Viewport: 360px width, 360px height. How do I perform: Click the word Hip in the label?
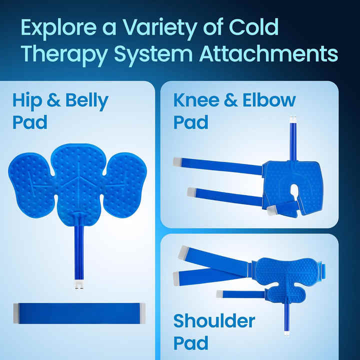[x=26, y=101]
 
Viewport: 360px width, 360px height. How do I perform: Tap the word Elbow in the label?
[x=269, y=100]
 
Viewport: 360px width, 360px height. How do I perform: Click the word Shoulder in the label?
[x=214, y=321]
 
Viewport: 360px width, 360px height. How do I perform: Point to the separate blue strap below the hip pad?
[x=79, y=313]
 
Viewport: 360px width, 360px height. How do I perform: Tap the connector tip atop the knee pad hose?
[x=291, y=119]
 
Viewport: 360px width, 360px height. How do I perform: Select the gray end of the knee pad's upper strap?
[x=178, y=161]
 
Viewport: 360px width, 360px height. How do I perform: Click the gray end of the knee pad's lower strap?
[x=191, y=191]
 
